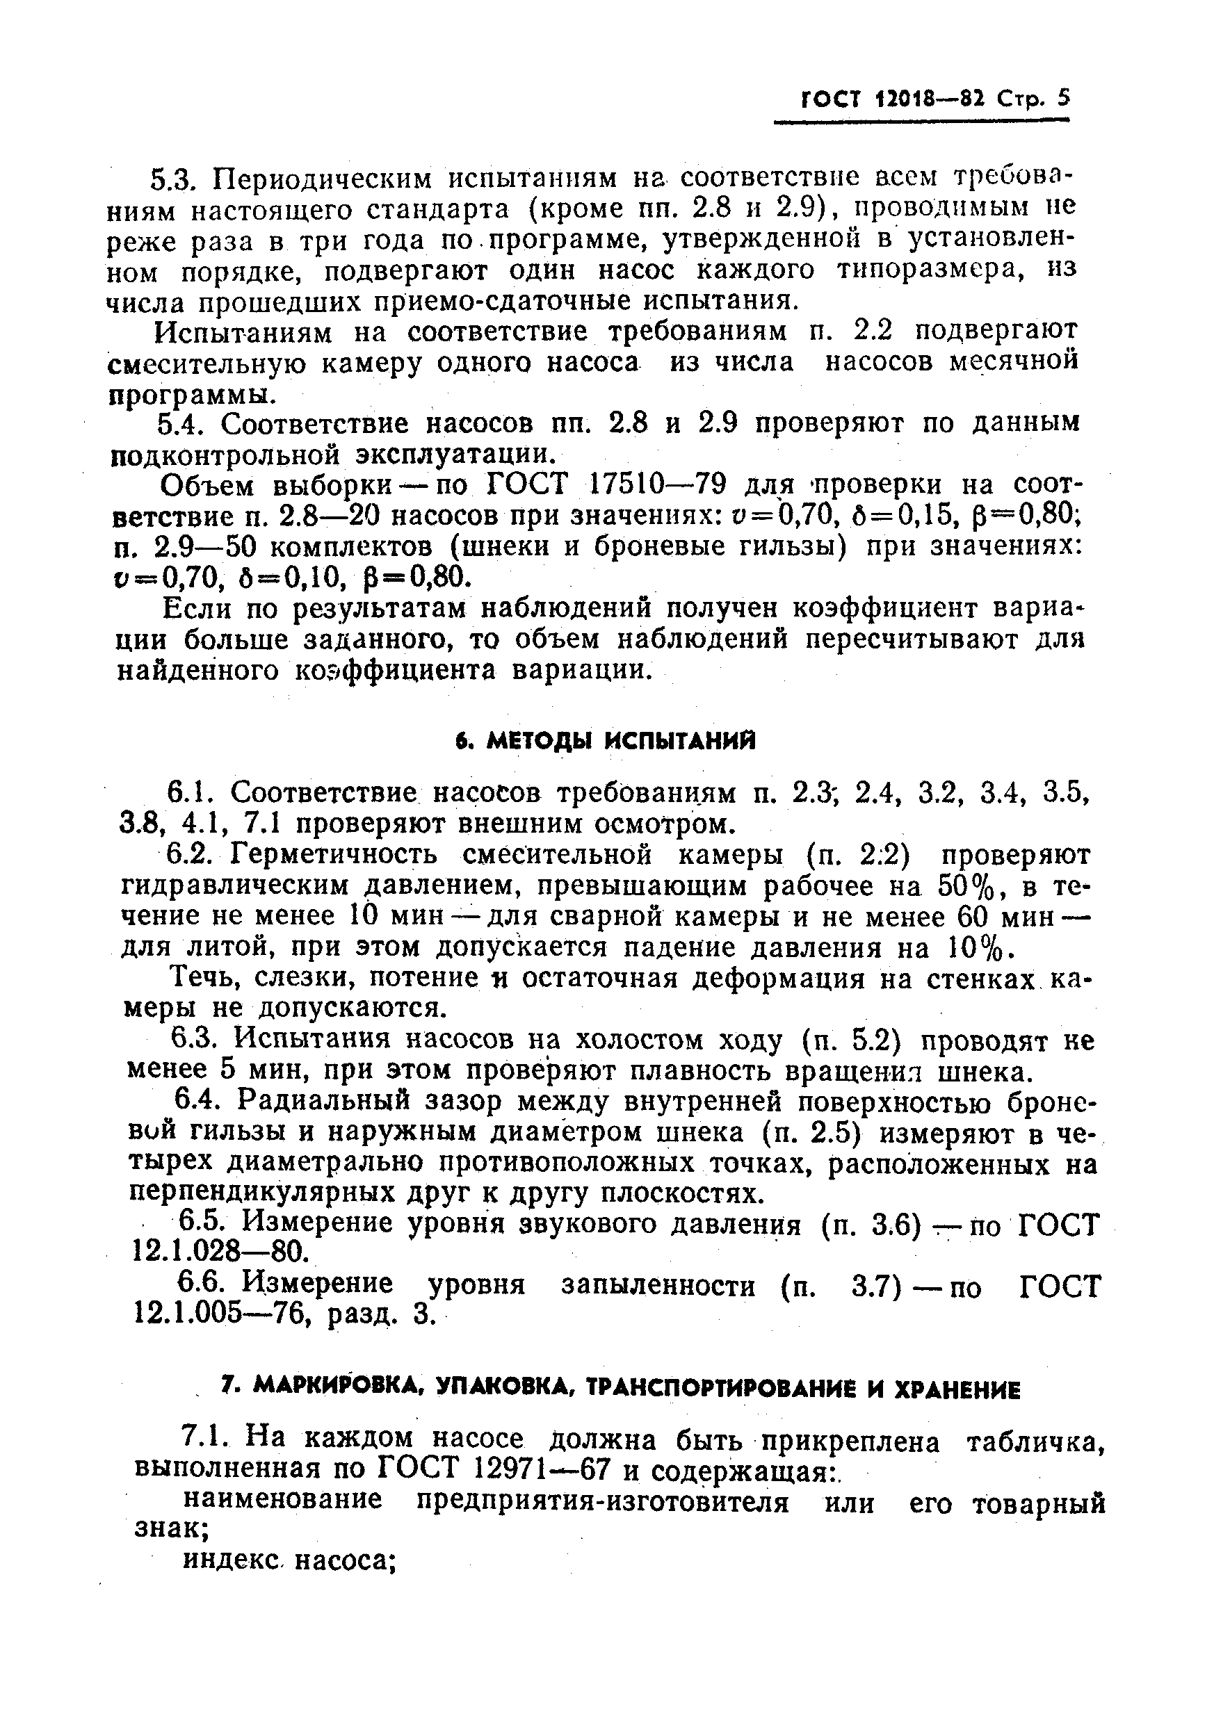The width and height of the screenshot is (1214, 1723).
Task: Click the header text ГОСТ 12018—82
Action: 893,99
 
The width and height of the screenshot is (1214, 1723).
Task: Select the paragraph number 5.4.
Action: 181,424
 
